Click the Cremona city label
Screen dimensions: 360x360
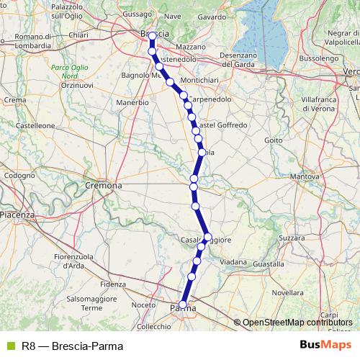pos(104,185)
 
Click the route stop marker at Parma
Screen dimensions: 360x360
pos(183,305)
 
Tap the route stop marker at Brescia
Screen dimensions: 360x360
pos(152,35)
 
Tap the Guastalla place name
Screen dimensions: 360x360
pos(268,264)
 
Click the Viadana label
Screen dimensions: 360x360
pos(233,263)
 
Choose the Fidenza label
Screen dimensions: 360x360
pos(113,284)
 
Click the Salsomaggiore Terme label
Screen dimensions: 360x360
pos(91,302)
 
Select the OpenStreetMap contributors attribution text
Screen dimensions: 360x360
pos(297,322)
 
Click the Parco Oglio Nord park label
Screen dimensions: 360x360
pos(65,71)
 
